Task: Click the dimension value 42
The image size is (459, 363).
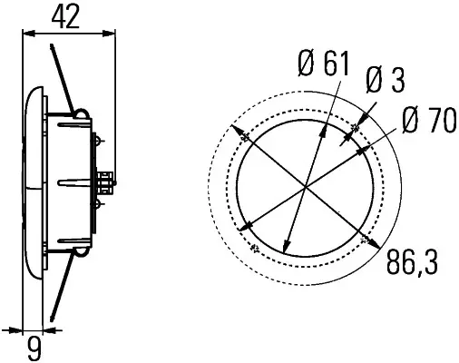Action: pos(65,16)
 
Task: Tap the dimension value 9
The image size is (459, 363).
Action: pos(34,348)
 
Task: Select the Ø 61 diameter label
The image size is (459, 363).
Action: pos(324,64)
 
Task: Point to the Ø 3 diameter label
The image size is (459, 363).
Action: pos(385,80)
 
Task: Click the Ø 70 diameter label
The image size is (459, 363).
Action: pos(429,121)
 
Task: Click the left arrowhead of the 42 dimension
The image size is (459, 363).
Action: pos(29,34)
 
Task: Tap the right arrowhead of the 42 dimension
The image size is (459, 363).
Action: pos(109,34)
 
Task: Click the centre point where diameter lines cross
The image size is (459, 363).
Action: pos(306,187)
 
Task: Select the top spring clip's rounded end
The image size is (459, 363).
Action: pos(81,114)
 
